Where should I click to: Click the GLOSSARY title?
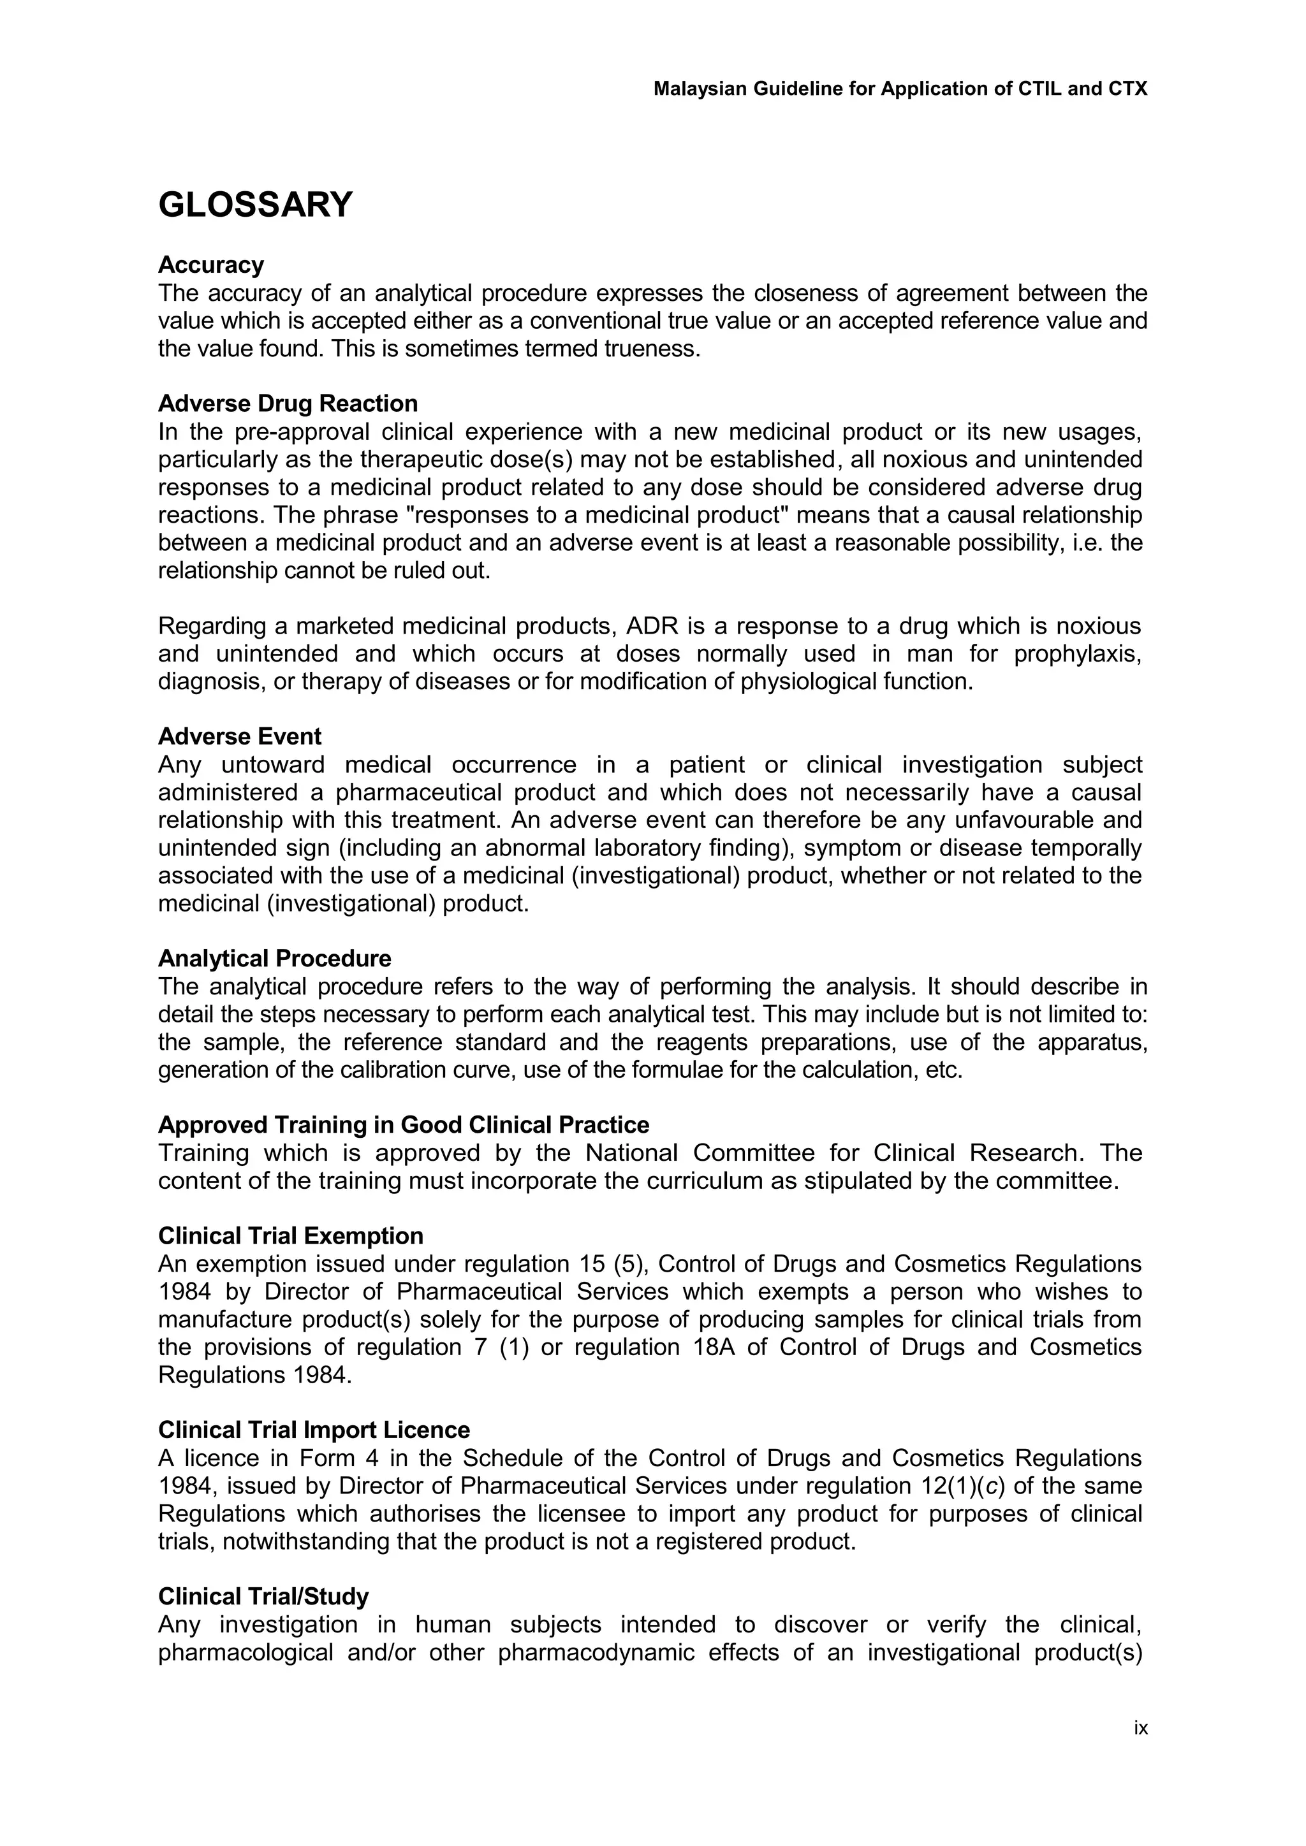255,205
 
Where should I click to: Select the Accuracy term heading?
210,265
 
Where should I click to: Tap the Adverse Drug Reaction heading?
288,403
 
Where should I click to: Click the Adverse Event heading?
240,736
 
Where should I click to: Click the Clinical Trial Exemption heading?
290,1236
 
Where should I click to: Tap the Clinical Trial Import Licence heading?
314,1430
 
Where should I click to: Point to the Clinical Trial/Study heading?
263,1596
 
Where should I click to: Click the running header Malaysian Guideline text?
900,89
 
